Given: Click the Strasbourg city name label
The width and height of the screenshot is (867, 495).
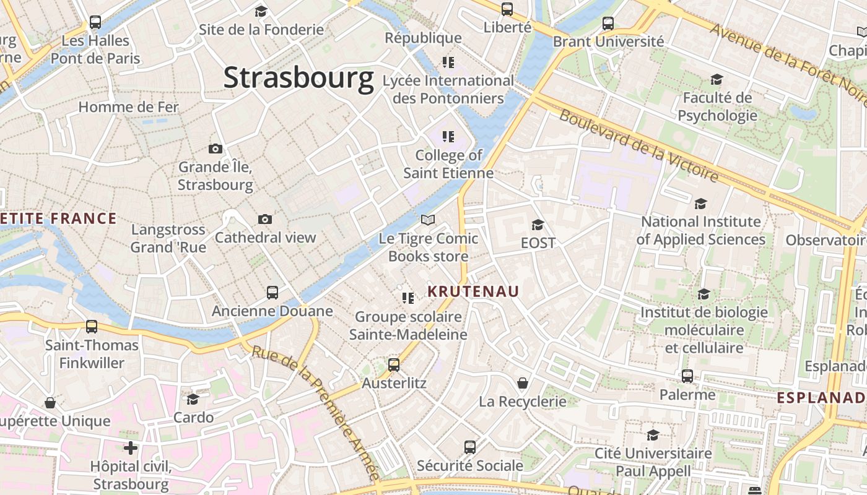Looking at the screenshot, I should pos(298,78).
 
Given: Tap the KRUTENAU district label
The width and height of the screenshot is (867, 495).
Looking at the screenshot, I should pos(473,291).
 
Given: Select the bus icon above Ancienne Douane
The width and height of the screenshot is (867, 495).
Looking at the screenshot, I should pos(272,293).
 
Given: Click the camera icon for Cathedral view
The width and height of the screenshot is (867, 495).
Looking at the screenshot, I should pos(265,220).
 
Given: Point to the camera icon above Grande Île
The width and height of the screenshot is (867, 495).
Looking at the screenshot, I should pos(216,149).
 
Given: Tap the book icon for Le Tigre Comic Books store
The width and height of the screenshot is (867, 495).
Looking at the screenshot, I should pos(427,220).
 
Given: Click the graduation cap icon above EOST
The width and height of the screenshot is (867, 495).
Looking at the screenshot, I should pos(538,225).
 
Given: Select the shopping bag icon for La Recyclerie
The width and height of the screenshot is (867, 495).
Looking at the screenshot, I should pos(523,384).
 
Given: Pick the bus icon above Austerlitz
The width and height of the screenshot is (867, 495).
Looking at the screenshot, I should pos(394,365).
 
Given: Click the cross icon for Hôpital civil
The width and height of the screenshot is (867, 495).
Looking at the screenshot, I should pos(131,447).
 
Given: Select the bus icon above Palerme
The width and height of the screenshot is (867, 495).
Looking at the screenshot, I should pos(687,376).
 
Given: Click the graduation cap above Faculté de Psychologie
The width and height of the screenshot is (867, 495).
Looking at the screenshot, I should pos(717,80).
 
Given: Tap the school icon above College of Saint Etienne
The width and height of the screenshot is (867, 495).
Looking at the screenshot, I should pos(448,137).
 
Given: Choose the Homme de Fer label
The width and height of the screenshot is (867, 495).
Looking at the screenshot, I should pos(128,107).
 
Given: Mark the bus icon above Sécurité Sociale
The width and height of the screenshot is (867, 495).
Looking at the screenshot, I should pos(470,447).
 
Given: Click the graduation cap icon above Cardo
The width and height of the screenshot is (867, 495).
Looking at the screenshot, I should pos(193,399).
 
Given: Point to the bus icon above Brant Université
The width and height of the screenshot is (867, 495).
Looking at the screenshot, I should pos(608,24).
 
